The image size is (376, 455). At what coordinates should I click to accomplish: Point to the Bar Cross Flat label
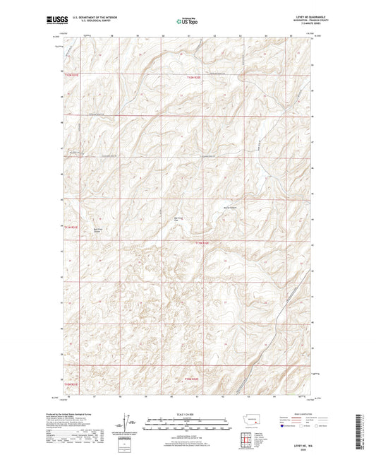click(179, 219)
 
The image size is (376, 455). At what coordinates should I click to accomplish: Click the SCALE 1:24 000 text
click(188, 413)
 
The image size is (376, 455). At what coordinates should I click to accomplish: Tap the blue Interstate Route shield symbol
click(283, 426)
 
